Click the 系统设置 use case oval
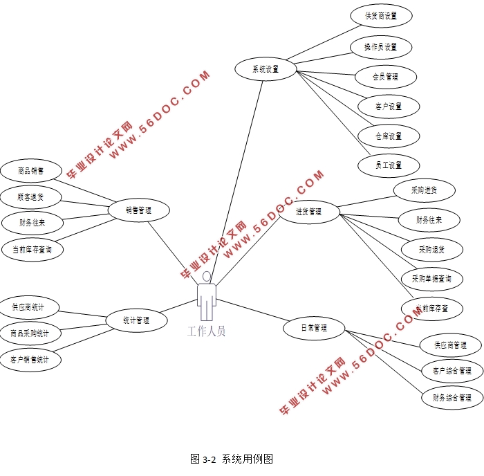(265, 69)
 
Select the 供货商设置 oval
(381, 16)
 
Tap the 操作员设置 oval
(381, 47)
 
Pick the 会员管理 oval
(385, 77)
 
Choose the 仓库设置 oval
(389, 136)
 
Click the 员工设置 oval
(389, 165)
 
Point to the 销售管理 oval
(138, 210)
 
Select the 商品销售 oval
(31, 170)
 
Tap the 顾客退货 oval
(31, 197)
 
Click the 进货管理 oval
(308, 212)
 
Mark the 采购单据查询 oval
(431, 279)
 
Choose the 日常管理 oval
(314, 328)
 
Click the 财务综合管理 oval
(452, 398)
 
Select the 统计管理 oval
(136, 320)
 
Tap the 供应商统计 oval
(28, 307)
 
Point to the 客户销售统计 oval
(30, 360)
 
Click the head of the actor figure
(206, 276)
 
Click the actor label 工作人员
(206, 331)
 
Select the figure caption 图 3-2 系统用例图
(232, 459)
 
